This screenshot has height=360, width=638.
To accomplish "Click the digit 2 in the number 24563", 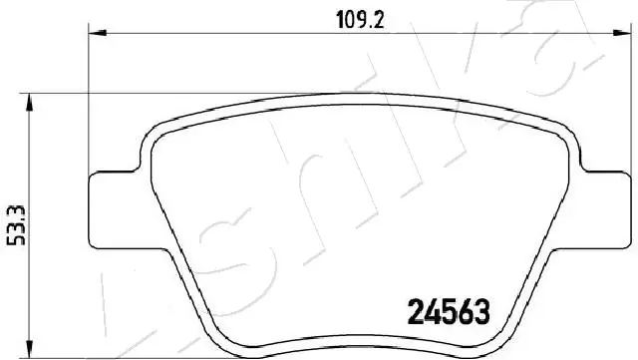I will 418,314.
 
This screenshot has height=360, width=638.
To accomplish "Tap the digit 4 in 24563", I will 433,314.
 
